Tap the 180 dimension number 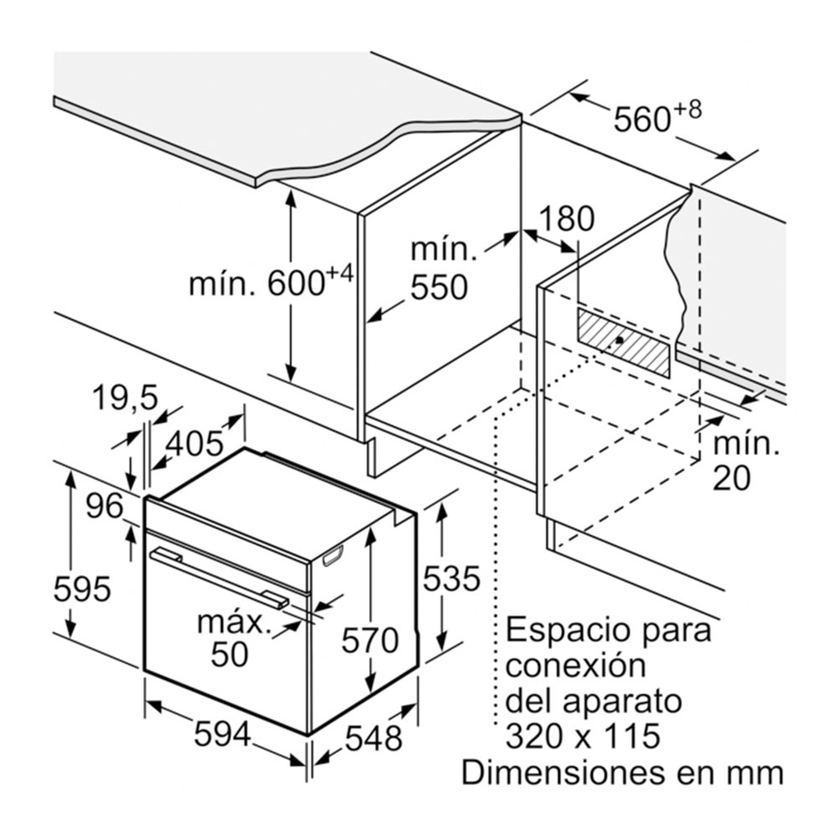[x=565, y=219]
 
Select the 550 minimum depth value [x=439, y=287]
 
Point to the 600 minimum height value [x=297, y=284]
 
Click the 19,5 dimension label [x=124, y=398]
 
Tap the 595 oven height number [x=81, y=589]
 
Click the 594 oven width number [x=222, y=735]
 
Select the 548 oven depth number [x=373, y=738]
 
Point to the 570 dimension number [x=370, y=641]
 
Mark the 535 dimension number [x=451, y=578]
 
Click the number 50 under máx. [x=229, y=655]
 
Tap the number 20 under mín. [x=732, y=477]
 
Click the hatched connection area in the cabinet [x=624, y=341]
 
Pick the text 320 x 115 [x=583, y=737]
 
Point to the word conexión [x=577, y=666]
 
